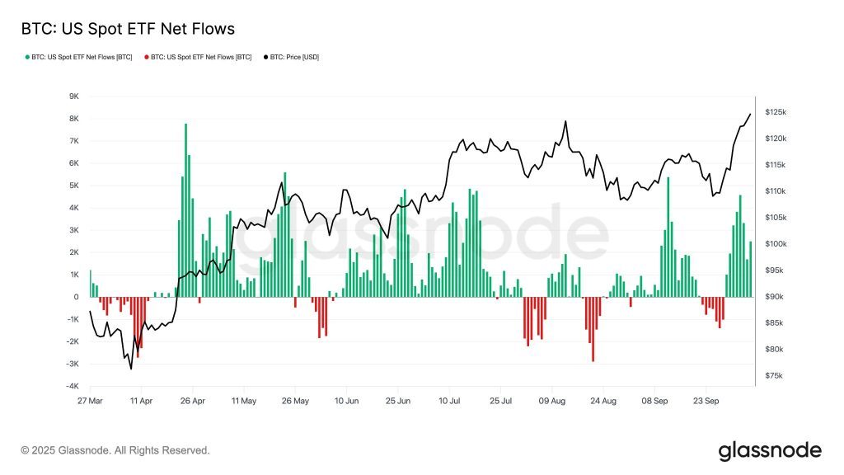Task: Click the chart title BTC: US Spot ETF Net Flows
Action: click(x=127, y=29)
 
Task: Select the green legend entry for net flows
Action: click(x=80, y=57)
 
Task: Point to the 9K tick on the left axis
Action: click(x=73, y=96)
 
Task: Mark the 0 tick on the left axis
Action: click(x=76, y=297)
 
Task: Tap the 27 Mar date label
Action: click(x=90, y=401)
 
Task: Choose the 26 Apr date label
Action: click(x=193, y=401)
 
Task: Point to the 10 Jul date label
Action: click(x=449, y=401)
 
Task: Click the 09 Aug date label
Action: click(x=551, y=401)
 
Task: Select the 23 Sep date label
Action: click(x=706, y=401)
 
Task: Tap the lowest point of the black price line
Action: click(x=131, y=369)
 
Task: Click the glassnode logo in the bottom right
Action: click(x=770, y=450)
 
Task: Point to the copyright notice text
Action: click(x=115, y=450)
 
